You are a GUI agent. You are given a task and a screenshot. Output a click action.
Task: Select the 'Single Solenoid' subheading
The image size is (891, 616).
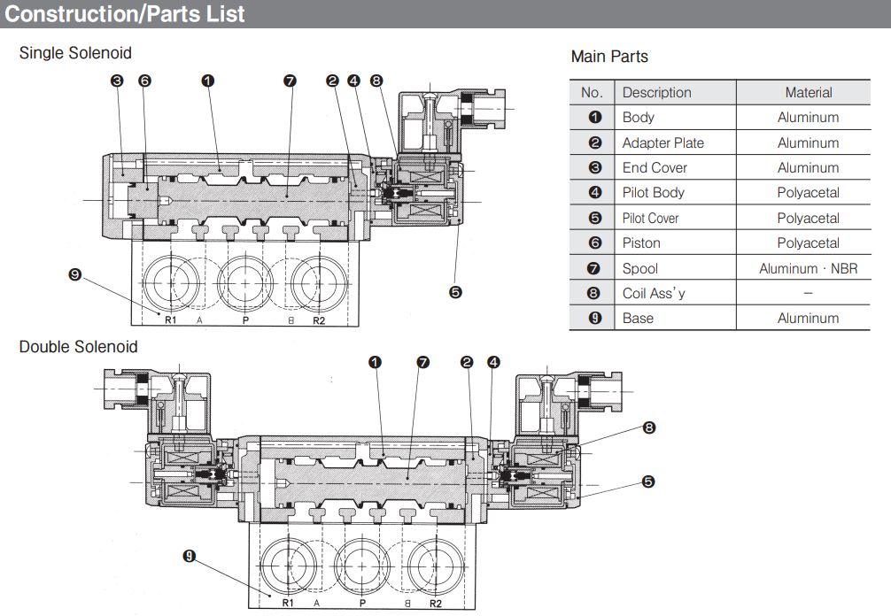tap(75, 53)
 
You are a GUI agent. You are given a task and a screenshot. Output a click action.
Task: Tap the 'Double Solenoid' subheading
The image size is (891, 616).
tap(79, 346)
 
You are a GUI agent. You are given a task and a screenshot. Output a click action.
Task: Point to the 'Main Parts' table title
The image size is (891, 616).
tap(609, 57)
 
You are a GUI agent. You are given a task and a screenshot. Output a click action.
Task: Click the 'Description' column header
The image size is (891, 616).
tap(656, 92)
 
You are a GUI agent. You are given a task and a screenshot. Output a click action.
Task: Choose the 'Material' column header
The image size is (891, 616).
tap(808, 92)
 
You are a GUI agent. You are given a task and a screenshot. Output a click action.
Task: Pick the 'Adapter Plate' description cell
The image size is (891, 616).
tap(663, 142)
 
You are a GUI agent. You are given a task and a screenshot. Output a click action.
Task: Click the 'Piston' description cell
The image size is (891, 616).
tap(641, 243)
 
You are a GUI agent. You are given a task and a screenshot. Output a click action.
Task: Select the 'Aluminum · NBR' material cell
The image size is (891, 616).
tap(808, 268)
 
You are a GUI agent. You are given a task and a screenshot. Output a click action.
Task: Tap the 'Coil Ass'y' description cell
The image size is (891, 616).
tap(655, 293)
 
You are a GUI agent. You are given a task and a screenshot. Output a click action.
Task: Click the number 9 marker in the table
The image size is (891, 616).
tap(594, 318)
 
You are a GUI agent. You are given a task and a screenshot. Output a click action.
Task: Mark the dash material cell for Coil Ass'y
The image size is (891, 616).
tap(808, 293)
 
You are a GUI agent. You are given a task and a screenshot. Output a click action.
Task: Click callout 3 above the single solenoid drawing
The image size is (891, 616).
tap(117, 81)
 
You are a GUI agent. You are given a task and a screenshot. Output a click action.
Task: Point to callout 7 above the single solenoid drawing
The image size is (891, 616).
tap(290, 81)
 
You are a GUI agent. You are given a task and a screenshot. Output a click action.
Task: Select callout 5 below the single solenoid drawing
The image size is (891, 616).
tap(455, 292)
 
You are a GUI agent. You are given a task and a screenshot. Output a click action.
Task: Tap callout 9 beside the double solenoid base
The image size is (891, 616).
tap(189, 556)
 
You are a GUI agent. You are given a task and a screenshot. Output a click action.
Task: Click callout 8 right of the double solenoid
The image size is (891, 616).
tap(648, 428)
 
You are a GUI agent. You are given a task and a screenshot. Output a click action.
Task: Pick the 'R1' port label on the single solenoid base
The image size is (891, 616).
tap(170, 320)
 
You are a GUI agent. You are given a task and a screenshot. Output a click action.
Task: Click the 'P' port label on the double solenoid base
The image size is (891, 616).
tap(362, 604)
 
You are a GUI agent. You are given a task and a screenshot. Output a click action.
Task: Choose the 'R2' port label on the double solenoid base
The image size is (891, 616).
tap(435, 604)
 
